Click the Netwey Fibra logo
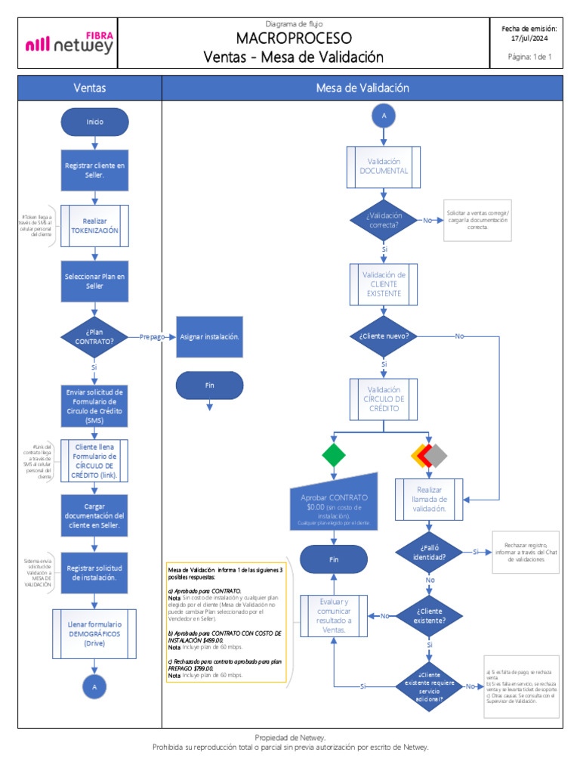tap(69, 43)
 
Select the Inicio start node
tap(94, 122)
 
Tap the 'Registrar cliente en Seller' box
tap(94, 170)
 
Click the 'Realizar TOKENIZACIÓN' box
tap(94, 226)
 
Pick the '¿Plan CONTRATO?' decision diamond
tap(94, 336)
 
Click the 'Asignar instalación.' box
tap(210, 336)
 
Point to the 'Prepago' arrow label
tap(152, 336)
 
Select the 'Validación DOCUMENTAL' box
tap(384, 166)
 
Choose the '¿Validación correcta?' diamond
tap(384, 220)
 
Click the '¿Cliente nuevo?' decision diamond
tap(384, 336)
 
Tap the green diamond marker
tap(334, 455)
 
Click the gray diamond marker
tap(438, 455)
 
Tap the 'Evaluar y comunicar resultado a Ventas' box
tap(334, 615)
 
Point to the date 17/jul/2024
tap(529, 38)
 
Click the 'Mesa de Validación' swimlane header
tap(362, 88)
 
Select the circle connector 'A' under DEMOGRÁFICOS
tap(94, 687)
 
